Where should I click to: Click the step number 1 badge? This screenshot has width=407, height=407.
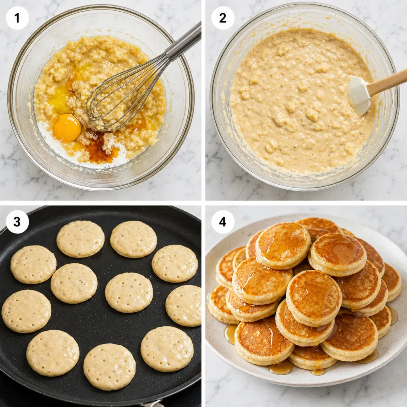[17, 18]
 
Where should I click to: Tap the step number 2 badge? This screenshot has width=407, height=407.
[223, 18]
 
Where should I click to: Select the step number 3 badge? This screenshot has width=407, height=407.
[17, 222]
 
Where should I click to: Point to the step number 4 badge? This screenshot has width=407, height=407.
[223, 222]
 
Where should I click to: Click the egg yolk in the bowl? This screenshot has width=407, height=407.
[67, 128]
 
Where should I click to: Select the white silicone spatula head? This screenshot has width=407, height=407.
[359, 95]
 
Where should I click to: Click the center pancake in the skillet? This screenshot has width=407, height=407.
[129, 293]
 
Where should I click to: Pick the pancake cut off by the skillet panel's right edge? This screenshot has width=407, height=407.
[184, 306]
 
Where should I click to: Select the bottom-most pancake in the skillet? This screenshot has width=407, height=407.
[109, 366]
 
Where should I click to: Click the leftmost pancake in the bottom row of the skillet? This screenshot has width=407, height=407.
[52, 353]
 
